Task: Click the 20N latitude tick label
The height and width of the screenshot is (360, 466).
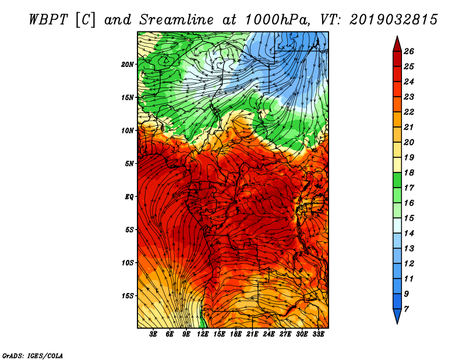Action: pyautogui.click(x=127, y=65)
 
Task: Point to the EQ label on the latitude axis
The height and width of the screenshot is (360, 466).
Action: pyautogui.click(x=129, y=197)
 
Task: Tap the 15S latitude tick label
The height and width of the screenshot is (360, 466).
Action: pyautogui.click(x=128, y=296)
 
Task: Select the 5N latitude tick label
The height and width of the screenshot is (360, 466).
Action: pyautogui.click(x=129, y=164)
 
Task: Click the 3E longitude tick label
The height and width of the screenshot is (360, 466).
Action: pyautogui.click(x=153, y=334)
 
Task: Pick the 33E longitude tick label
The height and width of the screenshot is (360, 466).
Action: pyautogui.click(x=318, y=334)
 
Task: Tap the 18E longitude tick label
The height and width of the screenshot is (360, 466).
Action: pyautogui.click(x=236, y=334)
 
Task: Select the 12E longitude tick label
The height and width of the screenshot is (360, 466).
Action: pyautogui.click(x=203, y=334)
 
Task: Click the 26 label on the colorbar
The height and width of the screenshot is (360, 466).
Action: pyautogui.click(x=409, y=51)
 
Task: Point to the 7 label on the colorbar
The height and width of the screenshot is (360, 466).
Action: pyautogui.click(x=406, y=309)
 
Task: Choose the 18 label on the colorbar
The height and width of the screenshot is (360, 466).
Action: pyautogui.click(x=409, y=172)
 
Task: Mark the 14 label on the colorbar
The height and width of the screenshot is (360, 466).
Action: pyautogui.click(x=409, y=234)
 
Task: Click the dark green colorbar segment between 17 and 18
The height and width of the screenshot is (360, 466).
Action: pyautogui.click(x=397, y=180)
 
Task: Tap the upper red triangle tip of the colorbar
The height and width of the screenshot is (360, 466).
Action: pyautogui.click(x=397, y=36)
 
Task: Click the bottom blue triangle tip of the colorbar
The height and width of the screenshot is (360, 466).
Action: pyautogui.click(x=397, y=324)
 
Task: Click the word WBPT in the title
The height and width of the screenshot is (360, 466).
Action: pyautogui.click(x=49, y=20)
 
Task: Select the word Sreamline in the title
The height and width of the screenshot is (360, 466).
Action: pyautogui.click(x=176, y=20)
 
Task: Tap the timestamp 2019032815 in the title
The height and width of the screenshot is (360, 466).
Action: pyautogui.click(x=394, y=20)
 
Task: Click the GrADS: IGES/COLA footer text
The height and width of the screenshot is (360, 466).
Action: pyautogui.click(x=33, y=356)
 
